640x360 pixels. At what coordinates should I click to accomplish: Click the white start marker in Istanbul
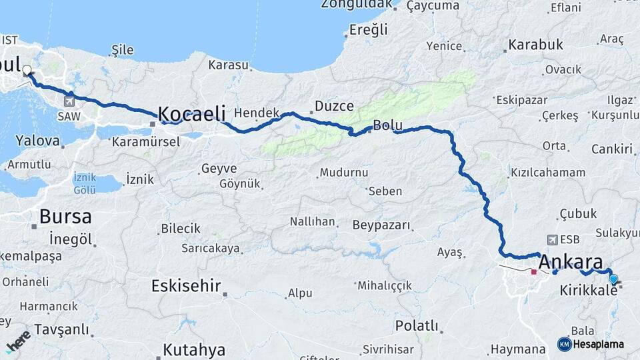pos(27,69)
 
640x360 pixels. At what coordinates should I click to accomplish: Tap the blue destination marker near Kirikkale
pos(613,279)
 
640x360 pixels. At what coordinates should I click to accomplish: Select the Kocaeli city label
pos(192,113)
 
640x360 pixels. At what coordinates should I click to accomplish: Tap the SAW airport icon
pos(69,101)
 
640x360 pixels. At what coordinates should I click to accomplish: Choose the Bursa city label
pos(65,216)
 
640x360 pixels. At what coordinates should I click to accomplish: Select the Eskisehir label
pos(186,286)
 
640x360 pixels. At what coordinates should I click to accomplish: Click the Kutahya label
pos(194,349)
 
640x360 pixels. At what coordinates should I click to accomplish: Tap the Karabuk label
pos(535,45)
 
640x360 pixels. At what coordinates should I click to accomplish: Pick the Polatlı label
pos(417,326)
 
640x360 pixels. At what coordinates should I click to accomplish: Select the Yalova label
pos(37,141)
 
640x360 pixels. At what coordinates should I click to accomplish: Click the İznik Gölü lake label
pos(85,183)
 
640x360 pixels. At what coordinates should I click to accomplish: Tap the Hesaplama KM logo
pos(591,344)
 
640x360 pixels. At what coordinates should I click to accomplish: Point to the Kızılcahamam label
pos(548,173)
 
